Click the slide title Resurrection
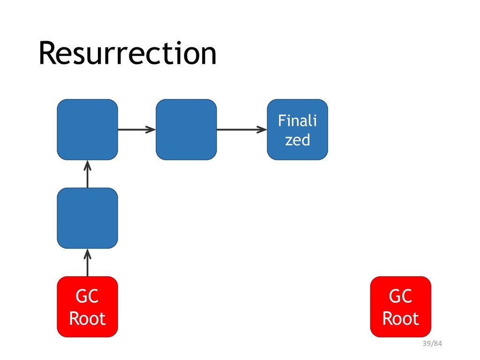(x=127, y=53)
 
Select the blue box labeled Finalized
(x=297, y=129)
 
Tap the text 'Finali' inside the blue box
(x=297, y=120)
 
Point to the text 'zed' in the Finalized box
(x=297, y=140)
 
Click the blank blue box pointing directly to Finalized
(x=186, y=129)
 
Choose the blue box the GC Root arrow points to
(x=87, y=218)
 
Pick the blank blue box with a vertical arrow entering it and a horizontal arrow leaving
(x=87, y=129)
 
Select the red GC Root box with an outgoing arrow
(x=87, y=307)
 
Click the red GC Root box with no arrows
(x=400, y=307)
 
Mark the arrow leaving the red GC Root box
(x=88, y=262)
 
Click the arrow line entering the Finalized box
(x=242, y=129)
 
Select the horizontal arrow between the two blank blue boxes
(x=137, y=129)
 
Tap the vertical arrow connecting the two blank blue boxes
(x=88, y=174)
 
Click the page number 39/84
(x=432, y=344)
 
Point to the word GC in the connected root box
(x=87, y=296)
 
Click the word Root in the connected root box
(x=87, y=318)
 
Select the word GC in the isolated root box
(x=400, y=296)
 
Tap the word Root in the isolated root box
(x=400, y=318)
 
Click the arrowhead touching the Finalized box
(x=262, y=129)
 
